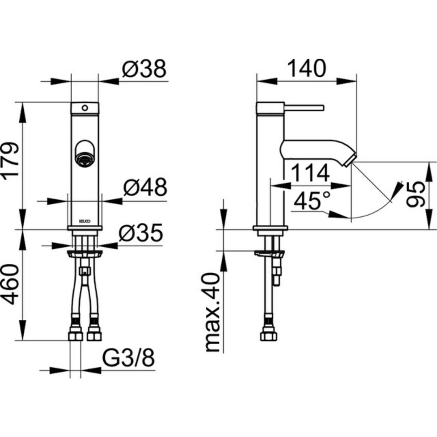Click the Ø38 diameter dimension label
coord(144,68)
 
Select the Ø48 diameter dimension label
coord(145,188)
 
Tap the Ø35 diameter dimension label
coord(141,233)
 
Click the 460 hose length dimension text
coord(11,285)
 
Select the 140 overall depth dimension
coord(307,68)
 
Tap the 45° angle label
coord(312,201)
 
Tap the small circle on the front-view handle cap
coord(85,108)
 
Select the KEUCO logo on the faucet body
coord(85,220)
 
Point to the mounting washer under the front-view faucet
coord(85,253)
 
